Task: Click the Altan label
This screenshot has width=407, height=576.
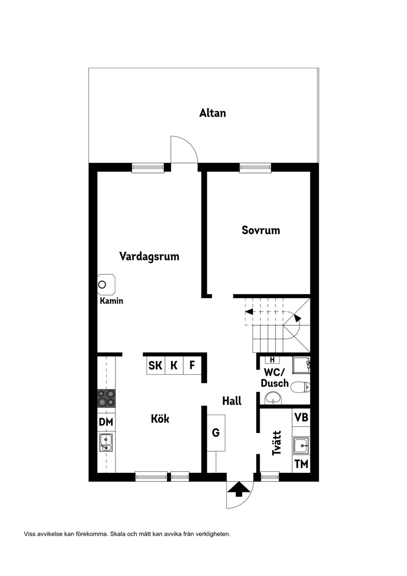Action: (212, 113)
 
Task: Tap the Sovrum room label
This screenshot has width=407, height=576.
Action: (261, 230)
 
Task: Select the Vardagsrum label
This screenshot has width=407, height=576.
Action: (149, 257)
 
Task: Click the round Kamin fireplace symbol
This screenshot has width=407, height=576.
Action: (102, 284)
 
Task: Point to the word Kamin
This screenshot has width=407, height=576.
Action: (112, 301)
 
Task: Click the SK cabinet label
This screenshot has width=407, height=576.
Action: (155, 365)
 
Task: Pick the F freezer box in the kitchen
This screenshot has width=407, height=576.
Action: (192, 365)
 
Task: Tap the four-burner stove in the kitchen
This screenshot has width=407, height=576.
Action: (106, 398)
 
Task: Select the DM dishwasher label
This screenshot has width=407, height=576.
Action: (106, 422)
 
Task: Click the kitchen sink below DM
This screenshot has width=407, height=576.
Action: (106, 442)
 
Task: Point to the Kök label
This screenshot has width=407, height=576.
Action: (160, 419)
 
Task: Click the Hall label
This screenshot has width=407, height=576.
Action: (232, 401)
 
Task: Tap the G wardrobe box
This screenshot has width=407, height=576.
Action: (216, 433)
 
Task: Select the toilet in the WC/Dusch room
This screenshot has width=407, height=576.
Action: (302, 386)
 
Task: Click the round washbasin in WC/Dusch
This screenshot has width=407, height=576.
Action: (273, 398)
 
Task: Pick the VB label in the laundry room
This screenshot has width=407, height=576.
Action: (301, 417)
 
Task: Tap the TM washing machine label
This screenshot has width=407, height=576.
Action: (301, 464)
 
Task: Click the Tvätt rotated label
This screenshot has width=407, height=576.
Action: (277, 443)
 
